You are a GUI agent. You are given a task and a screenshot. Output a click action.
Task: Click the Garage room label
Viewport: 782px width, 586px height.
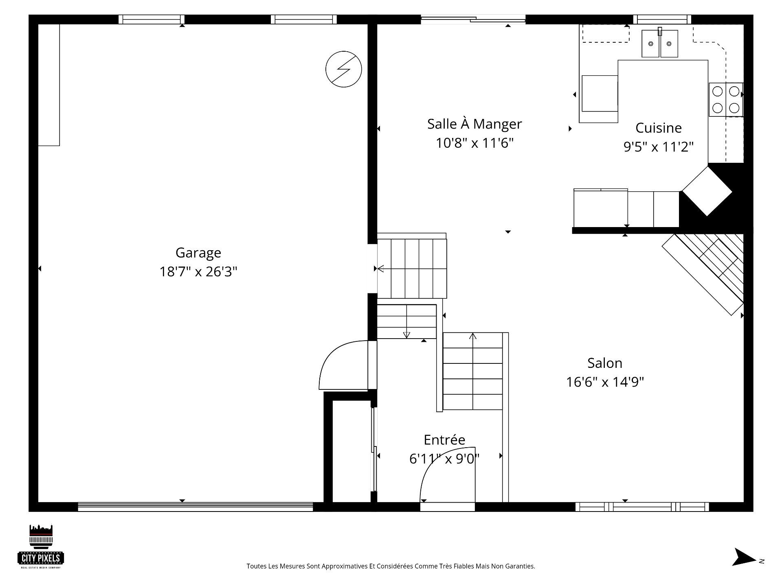coord(198,253)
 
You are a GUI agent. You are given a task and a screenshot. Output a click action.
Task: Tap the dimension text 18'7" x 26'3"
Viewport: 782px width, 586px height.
coord(198,271)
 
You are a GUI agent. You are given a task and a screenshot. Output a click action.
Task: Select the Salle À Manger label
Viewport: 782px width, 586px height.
coord(474,124)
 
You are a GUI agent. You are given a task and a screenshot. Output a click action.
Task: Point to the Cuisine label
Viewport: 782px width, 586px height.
coord(659,128)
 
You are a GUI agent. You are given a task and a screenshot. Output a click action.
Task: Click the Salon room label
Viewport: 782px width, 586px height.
coord(605,363)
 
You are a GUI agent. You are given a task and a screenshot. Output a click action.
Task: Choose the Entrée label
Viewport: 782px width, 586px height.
coord(444,440)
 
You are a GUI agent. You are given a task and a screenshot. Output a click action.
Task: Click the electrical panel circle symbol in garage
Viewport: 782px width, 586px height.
coord(344,69)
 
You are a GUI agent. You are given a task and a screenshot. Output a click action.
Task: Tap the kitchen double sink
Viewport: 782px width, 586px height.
coord(660,43)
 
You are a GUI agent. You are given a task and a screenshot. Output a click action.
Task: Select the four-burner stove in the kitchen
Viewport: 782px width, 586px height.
coord(726,99)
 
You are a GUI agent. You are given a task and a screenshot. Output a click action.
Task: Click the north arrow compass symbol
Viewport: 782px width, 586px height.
coord(745,568)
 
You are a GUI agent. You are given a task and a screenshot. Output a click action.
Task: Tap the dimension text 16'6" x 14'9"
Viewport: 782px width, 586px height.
coord(605,382)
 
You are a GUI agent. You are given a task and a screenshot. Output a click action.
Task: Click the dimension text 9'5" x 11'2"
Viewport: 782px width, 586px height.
coord(659,146)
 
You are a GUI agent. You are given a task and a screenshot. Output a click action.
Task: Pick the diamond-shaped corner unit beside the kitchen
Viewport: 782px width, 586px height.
coord(707,191)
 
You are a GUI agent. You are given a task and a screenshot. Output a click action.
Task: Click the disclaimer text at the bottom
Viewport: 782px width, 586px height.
coord(391,566)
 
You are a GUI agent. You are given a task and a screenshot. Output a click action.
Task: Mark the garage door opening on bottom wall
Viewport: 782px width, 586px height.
coord(195,507)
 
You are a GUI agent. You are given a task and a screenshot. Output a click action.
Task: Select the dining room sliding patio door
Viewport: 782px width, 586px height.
coord(473,19)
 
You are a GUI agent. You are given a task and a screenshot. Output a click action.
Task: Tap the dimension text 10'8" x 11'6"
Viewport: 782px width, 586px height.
coord(474,143)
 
